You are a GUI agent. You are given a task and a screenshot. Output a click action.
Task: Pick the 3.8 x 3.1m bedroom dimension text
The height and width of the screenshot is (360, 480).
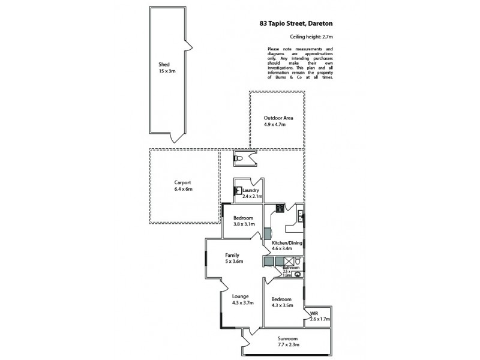click(x=244, y=224)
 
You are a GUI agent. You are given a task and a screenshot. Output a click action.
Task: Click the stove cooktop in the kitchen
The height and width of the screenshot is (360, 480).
click(x=280, y=209)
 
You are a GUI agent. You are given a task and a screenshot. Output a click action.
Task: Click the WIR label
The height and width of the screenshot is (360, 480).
click(x=314, y=314)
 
